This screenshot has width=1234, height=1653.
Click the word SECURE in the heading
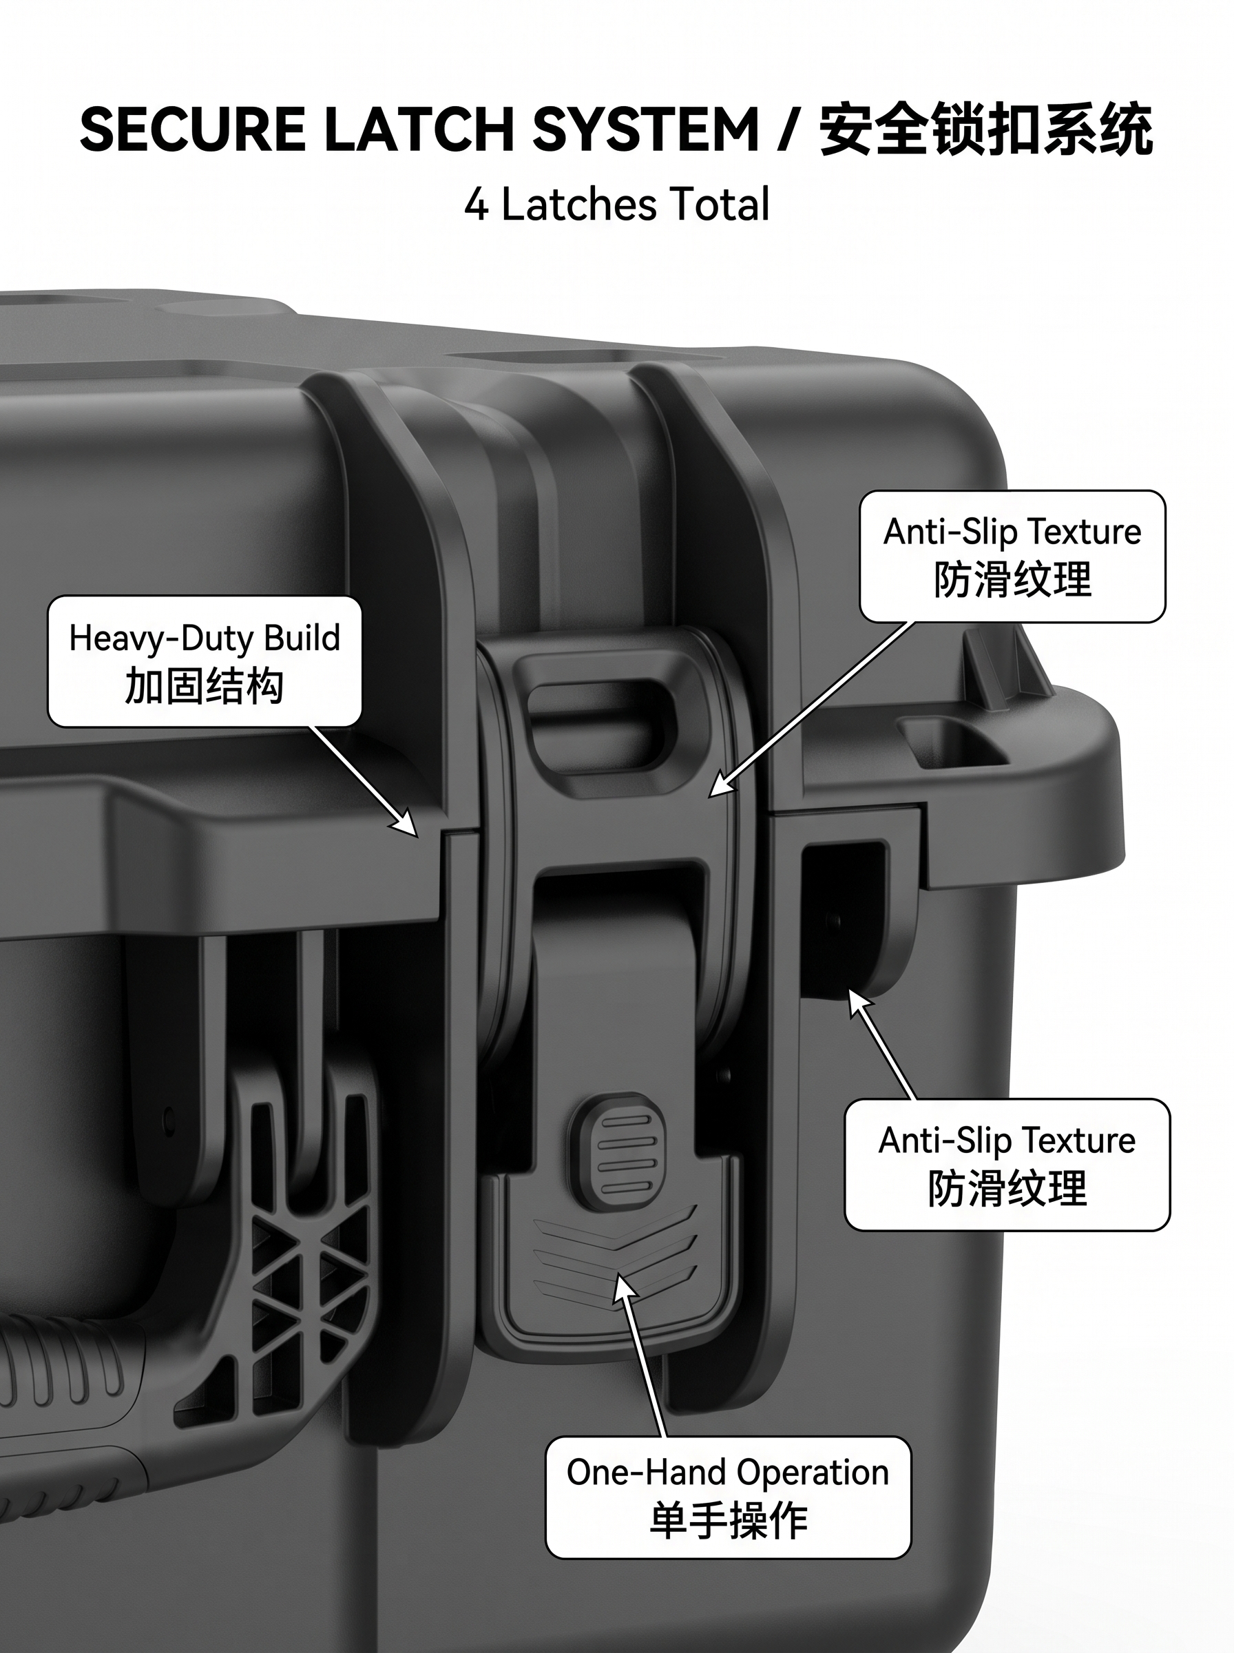(x=192, y=130)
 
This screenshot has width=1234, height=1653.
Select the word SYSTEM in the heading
(x=645, y=130)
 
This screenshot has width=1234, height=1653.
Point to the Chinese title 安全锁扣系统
(x=986, y=130)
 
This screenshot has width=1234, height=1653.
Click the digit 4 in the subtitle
(x=476, y=205)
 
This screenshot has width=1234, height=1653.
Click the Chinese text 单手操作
(x=729, y=1521)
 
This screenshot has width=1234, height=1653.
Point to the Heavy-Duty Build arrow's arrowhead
(x=406, y=824)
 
